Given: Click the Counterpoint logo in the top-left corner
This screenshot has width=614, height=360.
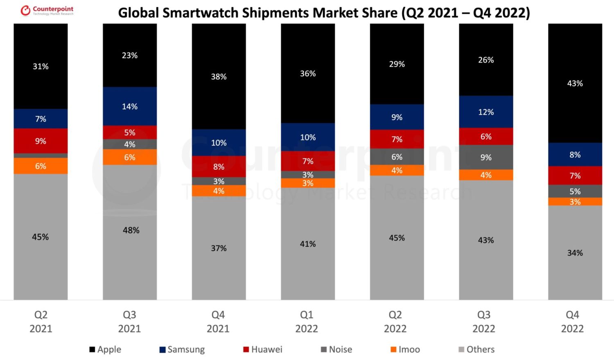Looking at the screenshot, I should coord(47,11).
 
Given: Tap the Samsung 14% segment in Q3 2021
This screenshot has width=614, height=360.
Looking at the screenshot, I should coord(130,106).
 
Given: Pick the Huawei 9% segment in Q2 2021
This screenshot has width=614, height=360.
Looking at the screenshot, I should coord(41,141).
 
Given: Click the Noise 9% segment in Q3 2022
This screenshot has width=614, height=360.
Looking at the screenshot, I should coord(486,157).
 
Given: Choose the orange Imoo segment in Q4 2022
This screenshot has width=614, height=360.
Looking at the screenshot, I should coord(575,202).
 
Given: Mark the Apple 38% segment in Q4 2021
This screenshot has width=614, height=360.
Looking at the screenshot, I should coord(219,76).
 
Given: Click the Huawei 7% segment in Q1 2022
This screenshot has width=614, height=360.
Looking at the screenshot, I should coord(308,161).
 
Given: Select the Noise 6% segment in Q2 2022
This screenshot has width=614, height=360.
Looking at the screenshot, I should coord(397,157).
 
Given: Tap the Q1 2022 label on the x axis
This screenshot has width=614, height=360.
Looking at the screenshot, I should coord(307,322).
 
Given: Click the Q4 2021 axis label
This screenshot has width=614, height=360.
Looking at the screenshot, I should coord(218,322).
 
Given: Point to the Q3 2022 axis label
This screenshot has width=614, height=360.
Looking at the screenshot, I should coord(484,322).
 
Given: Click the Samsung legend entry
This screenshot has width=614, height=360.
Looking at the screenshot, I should coord(182,349).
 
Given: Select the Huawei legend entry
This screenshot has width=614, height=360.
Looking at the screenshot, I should coord(263,349).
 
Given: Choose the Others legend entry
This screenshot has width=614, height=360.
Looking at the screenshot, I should coord(476,349).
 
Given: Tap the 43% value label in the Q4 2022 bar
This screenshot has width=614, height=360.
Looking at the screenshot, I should coord(575,83).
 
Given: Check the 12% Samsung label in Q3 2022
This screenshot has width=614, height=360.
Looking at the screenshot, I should coord(486,112).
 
